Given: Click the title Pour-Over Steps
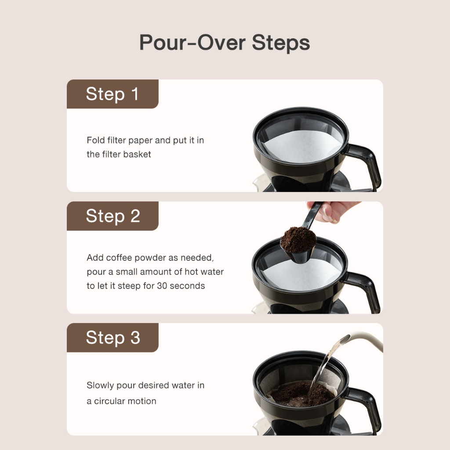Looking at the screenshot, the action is tap(225, 43).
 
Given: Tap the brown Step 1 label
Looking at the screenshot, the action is tap(112, 94).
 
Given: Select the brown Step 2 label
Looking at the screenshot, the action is tap(112, 216).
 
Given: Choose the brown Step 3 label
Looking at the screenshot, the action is tap(112, 337).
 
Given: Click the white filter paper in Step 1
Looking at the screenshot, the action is tap(303, 146).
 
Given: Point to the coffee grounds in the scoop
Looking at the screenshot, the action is tap(298, 239).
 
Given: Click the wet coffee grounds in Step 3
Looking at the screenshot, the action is tap(301, 395).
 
